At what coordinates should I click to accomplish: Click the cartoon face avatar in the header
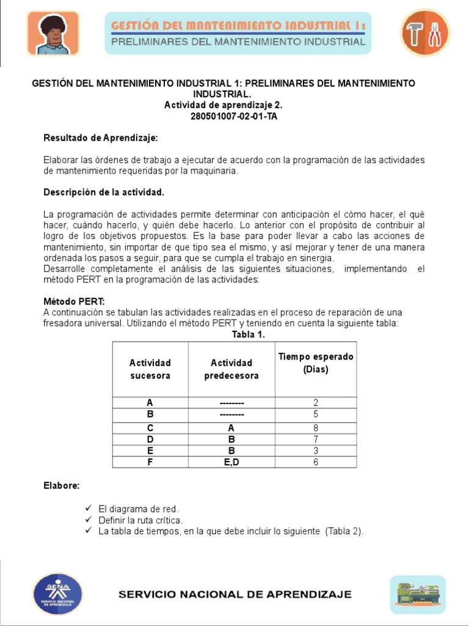tap(53, 34)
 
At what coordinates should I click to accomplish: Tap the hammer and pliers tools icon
tap(425, 34)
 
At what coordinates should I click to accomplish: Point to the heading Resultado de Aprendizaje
tap(101, 139)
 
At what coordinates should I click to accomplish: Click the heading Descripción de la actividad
tap(104, 192)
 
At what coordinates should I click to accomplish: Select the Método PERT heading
tap(74, 301)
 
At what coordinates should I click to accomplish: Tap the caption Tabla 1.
tap(248, 334)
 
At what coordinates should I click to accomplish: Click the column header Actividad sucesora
tap(150, 369)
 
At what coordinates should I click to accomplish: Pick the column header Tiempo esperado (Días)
tap(316, 363)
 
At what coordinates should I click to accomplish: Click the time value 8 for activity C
tap(316, 428)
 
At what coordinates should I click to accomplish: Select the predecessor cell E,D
tap(231, 462)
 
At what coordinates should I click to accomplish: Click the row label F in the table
tap(150, 462)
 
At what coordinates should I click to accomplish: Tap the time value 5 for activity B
tap(316, 414)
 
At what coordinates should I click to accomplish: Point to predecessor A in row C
tap(231, 428)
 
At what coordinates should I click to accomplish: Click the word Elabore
tap(61, 485)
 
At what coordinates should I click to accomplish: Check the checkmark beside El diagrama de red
tap(88, 509)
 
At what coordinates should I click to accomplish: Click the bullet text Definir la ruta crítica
tap(140, 520)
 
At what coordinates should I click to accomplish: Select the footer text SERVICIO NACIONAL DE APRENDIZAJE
tap(234, 594)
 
